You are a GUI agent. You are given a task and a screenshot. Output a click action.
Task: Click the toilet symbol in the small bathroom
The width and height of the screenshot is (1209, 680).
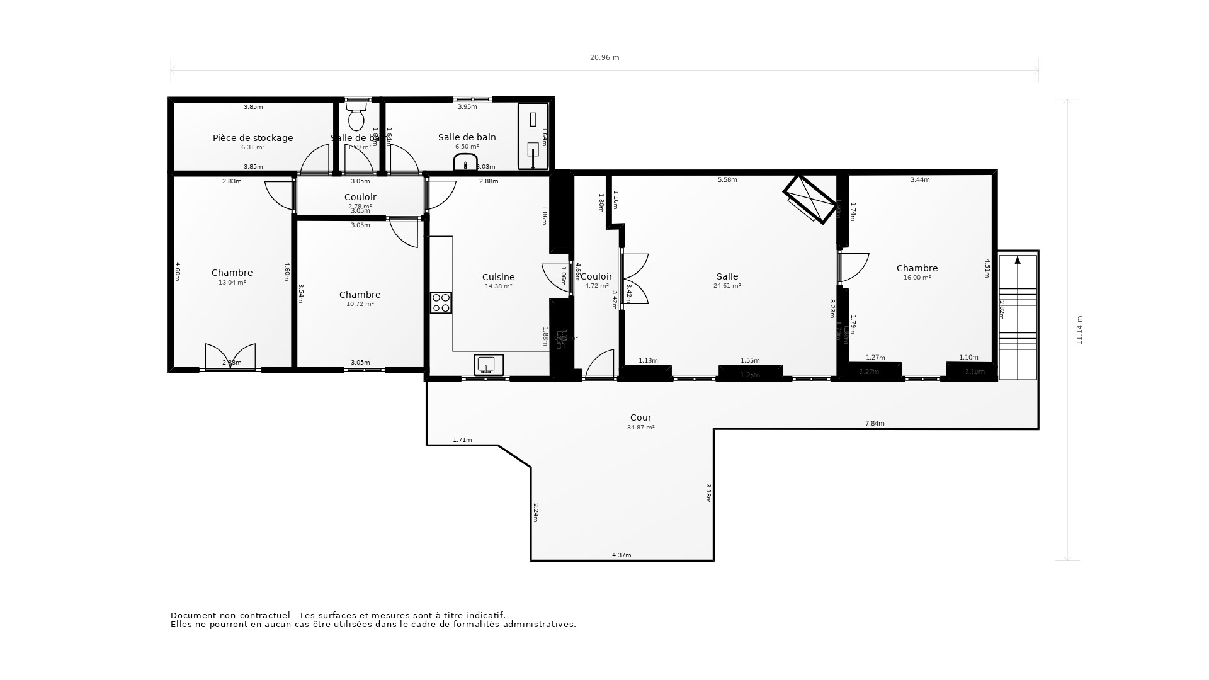coord(356,118)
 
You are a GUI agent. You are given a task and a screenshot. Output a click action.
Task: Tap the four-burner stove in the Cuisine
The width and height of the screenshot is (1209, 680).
coord(441,303)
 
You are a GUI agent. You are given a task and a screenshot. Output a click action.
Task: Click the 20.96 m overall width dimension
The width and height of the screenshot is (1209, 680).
coord(604,58)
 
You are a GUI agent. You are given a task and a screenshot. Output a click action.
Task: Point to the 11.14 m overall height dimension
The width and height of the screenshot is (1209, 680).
coord(1079,330)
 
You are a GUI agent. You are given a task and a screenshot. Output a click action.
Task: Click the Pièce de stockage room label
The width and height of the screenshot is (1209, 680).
coord(253,138)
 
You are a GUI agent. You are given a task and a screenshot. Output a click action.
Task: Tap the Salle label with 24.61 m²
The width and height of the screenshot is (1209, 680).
coord(727,276)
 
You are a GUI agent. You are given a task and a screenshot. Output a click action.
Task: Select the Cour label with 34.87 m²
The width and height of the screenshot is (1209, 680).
coord(641,417)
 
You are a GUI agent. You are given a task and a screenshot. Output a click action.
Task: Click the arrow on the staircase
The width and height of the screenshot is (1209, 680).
coord(1018,260)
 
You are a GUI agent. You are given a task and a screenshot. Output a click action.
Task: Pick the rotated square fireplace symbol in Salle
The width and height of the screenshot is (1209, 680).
coord(810,198)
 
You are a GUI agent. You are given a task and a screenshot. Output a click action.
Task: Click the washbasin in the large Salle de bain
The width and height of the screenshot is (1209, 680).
coord(466,162)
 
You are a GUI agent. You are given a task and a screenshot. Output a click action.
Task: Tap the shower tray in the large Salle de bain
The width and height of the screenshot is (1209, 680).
coord(533,137)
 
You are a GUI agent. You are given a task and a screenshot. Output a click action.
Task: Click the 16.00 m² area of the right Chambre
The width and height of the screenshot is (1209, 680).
coord(917,278)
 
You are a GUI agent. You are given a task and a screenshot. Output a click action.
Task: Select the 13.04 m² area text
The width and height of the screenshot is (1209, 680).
coord(232,283)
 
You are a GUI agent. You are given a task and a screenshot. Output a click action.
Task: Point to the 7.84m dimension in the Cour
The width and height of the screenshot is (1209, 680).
coord(875,424)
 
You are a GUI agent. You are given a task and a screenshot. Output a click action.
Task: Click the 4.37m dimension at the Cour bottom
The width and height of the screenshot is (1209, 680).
coord(622,555)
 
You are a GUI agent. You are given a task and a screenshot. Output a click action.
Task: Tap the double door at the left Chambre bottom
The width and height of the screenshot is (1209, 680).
coord(230,357)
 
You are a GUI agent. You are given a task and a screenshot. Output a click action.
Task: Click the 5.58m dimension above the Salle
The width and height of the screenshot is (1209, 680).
coord(727,180)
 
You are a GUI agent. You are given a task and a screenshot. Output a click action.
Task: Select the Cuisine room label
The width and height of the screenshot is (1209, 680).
coord(498,277)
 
